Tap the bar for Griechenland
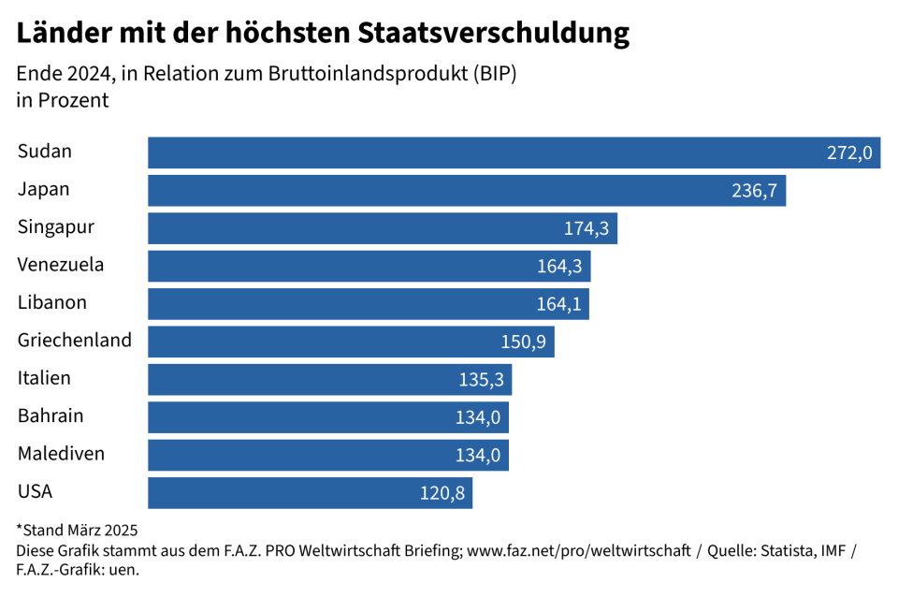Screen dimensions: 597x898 click(351, 342)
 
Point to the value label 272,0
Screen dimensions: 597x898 click(849, 153)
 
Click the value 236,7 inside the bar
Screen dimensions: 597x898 click(754, 191)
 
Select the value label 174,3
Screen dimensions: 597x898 click(586, 228)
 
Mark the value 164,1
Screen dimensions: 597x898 click(558, 304)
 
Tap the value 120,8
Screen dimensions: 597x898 click(442, 493)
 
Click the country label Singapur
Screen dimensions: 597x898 click(56, 226)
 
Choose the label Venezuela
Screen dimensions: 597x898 click(61, 265)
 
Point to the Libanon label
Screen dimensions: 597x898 click(52, 302)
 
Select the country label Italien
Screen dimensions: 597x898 click(44, 378)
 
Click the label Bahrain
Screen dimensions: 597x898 click(51, 415)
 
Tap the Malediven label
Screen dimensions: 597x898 click(61, 454)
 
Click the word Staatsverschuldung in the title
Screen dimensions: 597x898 click(494, 34)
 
